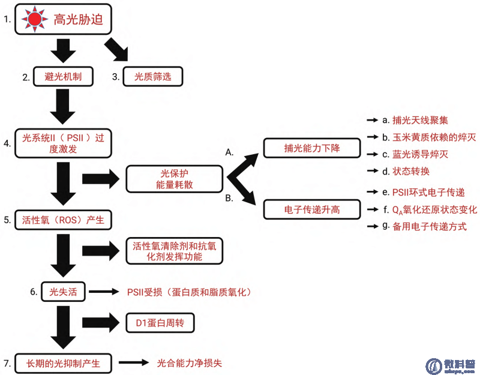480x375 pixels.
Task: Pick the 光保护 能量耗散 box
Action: pyautogui.click(x=175, y=178)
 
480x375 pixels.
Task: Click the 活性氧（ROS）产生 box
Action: pyautogui.click(x=63, y=220)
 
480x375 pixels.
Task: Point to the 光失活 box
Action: pyautogui.click(x=63, y=292)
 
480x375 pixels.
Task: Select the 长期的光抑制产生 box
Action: pyautogui.click(x=63, y=363)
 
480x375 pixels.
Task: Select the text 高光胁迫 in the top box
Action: pyautogui.click(x=78, y=20)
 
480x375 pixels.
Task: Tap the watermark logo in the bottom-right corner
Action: pyautogui.click(x=434, y=365)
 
